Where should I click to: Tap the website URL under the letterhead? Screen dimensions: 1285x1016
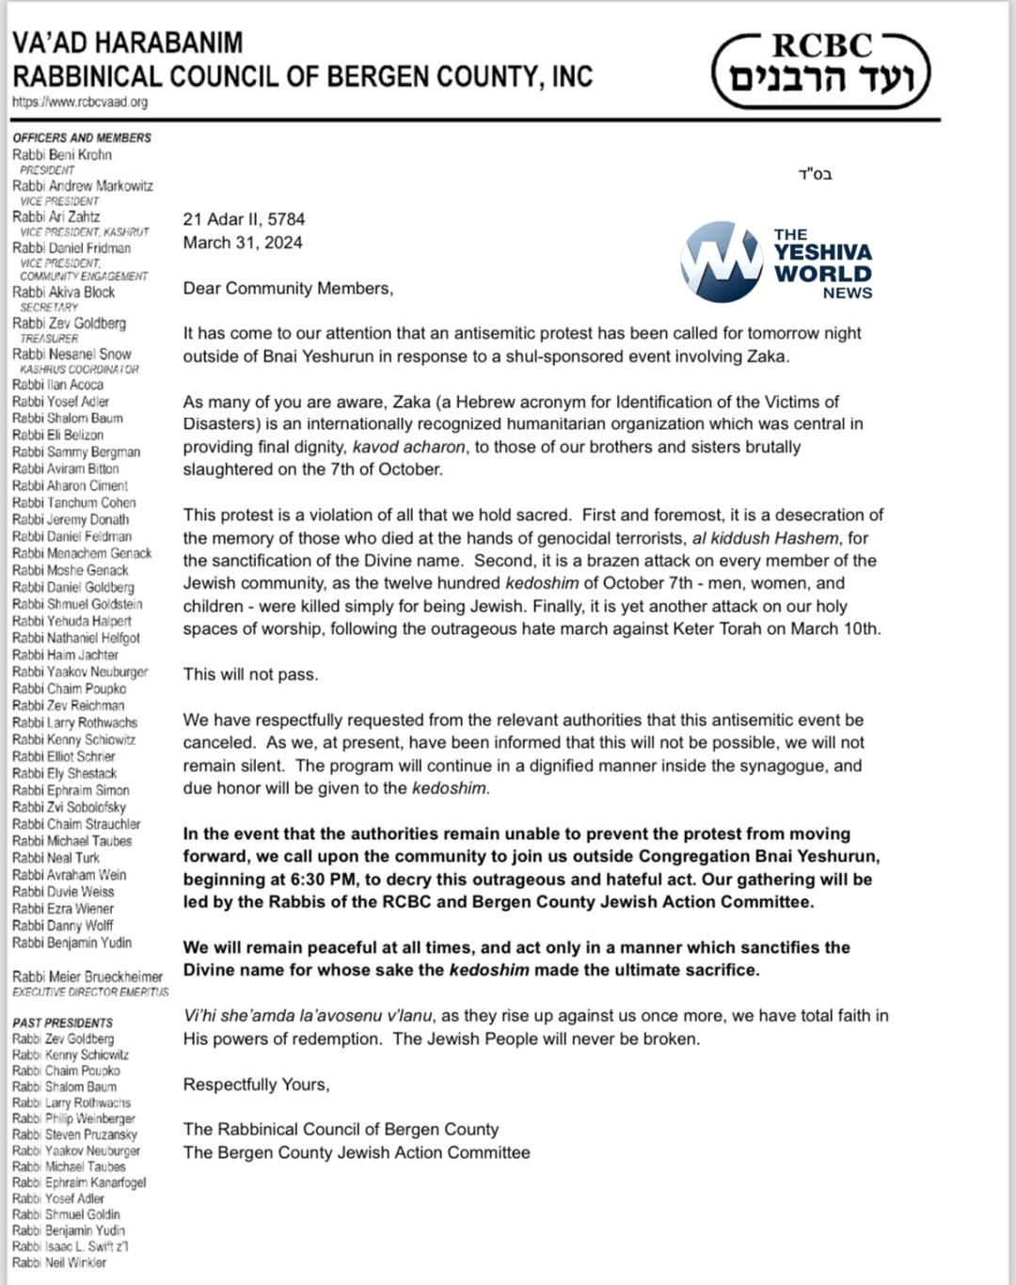point(80,102)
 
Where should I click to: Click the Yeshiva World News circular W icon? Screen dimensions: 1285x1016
point(722,262)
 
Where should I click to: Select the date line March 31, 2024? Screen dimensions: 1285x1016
point(243,243)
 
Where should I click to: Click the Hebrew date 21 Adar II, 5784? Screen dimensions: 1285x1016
point(244,219)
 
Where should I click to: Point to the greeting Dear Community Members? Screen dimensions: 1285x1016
point(288,289)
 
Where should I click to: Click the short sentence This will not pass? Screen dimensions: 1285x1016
point(250,674)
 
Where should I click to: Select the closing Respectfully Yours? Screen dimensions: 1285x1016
point(256,1085)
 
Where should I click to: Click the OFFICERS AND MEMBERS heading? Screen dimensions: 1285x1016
point(82,137)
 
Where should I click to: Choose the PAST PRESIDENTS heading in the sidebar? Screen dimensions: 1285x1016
point(62,1023)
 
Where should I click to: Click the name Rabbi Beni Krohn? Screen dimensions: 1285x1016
point(62,154)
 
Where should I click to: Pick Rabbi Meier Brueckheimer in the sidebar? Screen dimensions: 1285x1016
point(87,977)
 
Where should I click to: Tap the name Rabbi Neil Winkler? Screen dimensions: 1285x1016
point(59,1262)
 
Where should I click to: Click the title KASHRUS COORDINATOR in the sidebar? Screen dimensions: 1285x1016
point(79,370)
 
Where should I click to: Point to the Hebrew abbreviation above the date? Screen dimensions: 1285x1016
point(815,174)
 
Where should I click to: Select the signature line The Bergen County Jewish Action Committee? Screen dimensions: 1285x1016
point(357,1152)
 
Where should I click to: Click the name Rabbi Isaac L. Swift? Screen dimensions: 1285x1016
point(70,1246)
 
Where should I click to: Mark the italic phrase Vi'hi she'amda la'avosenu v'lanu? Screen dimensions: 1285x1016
point(308,1016)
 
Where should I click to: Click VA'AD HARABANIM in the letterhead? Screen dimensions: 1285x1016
point(127,43)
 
